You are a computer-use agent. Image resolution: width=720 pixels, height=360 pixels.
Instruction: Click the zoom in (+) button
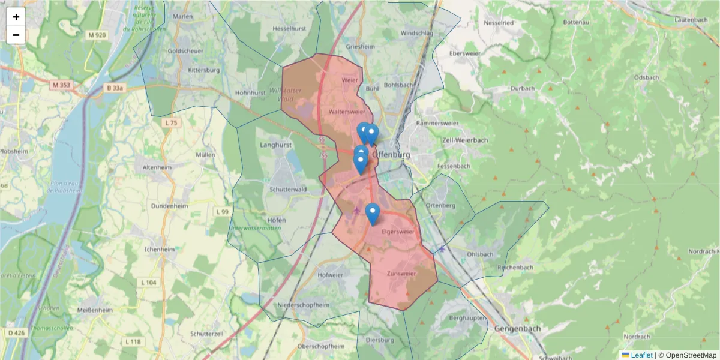tap(16, 17)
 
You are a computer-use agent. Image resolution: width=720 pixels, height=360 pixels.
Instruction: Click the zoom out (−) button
tap(16, 35)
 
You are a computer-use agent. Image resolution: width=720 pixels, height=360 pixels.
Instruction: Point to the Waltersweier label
tap(347, 112)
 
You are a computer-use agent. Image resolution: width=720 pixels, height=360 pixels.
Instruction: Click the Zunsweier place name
tap(401, 274)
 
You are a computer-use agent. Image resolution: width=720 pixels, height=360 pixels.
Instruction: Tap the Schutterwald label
tap(289, 188)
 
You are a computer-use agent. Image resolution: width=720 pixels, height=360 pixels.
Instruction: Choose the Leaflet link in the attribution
tap(641, 355)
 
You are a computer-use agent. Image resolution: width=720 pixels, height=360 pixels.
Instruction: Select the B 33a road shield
tap(115, 88)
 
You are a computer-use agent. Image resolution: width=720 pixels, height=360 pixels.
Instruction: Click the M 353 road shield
tap(61, 85)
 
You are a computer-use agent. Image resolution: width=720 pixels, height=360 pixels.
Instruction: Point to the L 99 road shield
tap(222, 212)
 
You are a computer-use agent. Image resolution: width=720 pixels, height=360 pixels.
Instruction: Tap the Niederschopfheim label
tap(304, 305)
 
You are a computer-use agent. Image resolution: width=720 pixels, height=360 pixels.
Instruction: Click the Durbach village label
tap(523, 88)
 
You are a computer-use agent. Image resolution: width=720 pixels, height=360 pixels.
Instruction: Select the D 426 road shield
tap(16, 332)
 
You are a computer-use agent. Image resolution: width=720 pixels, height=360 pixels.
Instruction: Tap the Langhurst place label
tap(275, 145)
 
